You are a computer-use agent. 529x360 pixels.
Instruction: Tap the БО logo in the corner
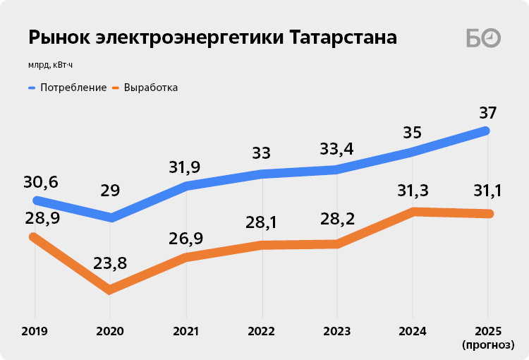pos(483,38)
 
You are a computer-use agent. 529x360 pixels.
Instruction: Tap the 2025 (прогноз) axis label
pos(487,337)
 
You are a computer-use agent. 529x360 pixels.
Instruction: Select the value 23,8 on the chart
pos(110,264)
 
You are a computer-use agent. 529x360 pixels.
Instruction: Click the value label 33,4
pos(336,149)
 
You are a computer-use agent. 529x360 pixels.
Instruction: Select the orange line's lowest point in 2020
pos(110,289)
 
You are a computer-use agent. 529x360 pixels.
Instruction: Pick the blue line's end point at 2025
pos(486,130)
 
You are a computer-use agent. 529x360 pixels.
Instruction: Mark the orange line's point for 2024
pos(415,211)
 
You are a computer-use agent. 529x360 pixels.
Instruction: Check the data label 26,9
pos(186,239)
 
